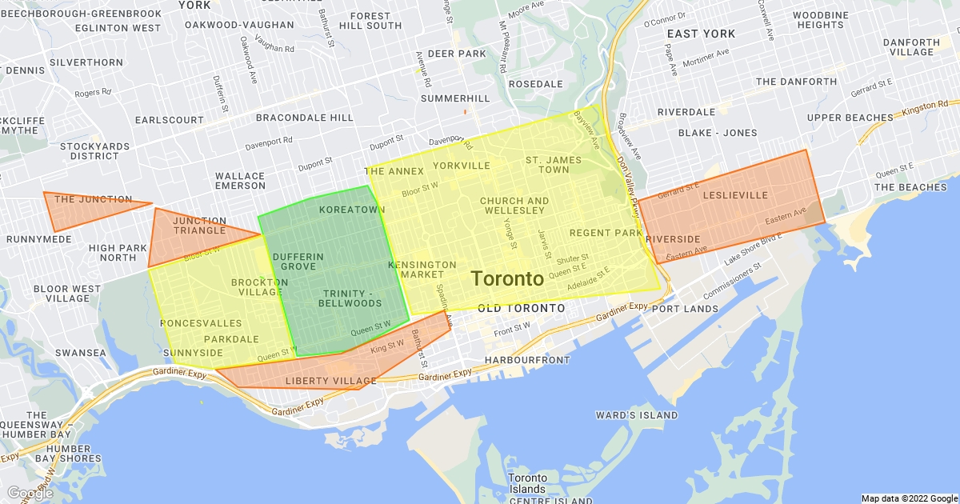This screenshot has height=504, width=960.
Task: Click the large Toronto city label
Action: pyautogui.click(x=507, y=279)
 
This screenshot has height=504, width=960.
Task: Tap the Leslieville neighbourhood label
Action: pyautogui.click(x=734, y=195)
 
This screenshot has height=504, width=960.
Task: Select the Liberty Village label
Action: pyautogui.click(x=330, y=381)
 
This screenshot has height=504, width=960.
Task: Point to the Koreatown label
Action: pyautogui.click(x=351, y=210)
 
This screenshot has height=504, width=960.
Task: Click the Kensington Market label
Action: pyautogui.click(x=422, y=270)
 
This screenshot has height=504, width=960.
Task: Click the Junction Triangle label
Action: pyautogui.click(x=199, y=226)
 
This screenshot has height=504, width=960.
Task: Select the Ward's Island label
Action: pyautogui.click(x=636, y=415)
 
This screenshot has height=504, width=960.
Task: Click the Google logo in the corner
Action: pyautogui.click(x=30, y=493)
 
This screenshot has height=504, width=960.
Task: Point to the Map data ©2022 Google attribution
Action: pyautogui.click(x=909, y=498)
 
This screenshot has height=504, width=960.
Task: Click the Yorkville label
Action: pyautogui.click(x=461, y=166)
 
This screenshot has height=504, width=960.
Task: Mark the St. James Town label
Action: pyautogui.click(x=554, y=165)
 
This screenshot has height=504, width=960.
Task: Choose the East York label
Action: pyautogui.click(x=700, y=34)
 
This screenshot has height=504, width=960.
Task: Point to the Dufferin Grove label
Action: pyautogui.click(x=298, y=261)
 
